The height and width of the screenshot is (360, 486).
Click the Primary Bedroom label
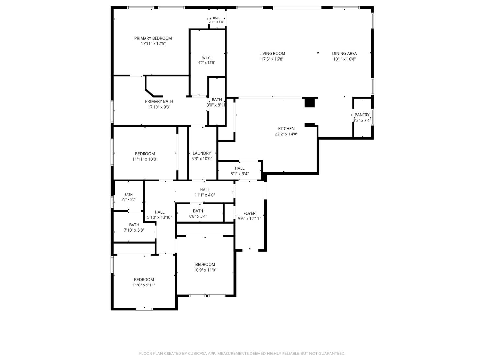click(153, 38)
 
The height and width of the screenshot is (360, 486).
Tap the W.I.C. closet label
click(207, 58)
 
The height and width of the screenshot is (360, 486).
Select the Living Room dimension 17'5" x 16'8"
click(272, 59)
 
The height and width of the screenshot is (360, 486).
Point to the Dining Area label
click(344, 53)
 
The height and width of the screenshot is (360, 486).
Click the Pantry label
click(362, 115)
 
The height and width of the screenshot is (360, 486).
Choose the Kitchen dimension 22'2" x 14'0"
click(286, 134)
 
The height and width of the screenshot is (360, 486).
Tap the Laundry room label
click(202, 153)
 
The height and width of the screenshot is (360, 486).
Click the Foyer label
click(249, 213)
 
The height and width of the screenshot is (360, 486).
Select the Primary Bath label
click(159, 101)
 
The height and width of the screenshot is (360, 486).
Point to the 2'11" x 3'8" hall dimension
click(216, 22)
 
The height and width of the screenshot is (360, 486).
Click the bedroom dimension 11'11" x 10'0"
click(145, 159)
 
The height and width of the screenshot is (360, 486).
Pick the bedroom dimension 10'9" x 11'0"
click(205, 270)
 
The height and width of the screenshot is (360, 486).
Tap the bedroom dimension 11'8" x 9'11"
click(144, 285)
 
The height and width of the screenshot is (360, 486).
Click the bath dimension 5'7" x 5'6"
click(128, 199)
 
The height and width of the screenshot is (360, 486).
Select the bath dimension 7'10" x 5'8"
click(134, 230)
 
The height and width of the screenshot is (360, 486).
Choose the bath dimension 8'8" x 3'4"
click(198, 216)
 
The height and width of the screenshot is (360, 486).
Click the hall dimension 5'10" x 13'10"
click(159, 217)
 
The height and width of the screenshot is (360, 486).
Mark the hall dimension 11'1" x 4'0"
click(205, 195)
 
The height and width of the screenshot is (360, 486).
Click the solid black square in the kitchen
click(309, 102)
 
